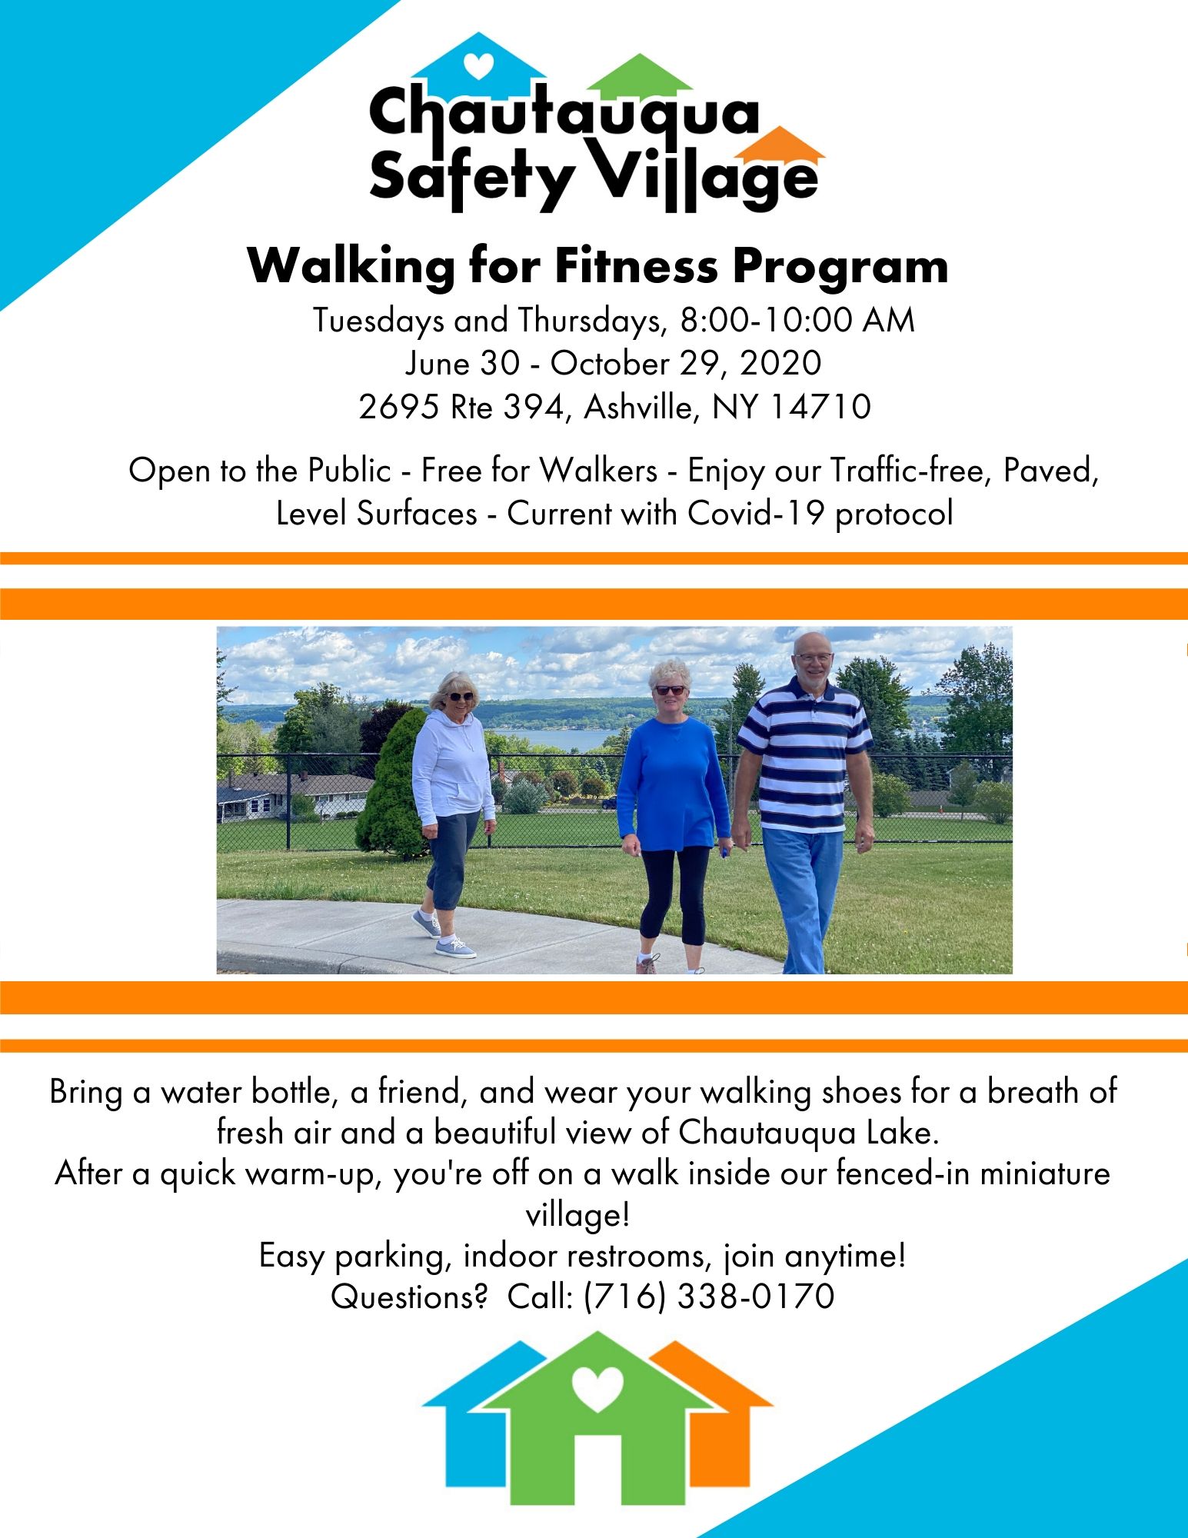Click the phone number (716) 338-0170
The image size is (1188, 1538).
point(709,1296)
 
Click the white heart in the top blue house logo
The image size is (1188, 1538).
point(479,66)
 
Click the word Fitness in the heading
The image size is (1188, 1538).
point(636,266)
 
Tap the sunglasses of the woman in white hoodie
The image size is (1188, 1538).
point(461,697)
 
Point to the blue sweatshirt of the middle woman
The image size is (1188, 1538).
point(673,783)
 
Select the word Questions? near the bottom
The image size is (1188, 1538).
point(410,1297)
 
